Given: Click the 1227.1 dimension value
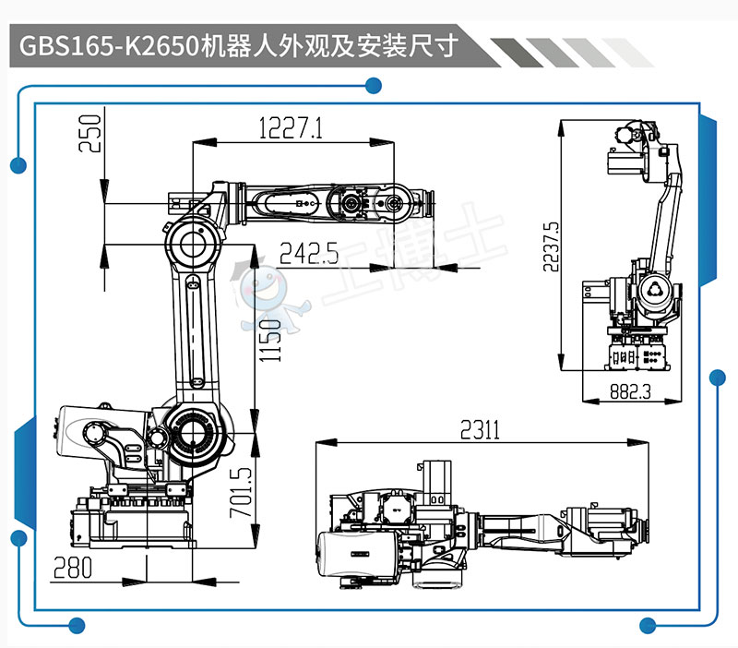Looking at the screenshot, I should [292, 128].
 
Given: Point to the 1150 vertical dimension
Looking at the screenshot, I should [268, 341].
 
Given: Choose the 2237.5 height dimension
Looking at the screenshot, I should [551, 246].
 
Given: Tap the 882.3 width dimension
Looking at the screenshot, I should [631, 391].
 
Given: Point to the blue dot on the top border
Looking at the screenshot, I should [373, 87].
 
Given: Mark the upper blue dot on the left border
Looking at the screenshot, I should [17, 166].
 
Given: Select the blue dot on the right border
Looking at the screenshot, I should [717, 377].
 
